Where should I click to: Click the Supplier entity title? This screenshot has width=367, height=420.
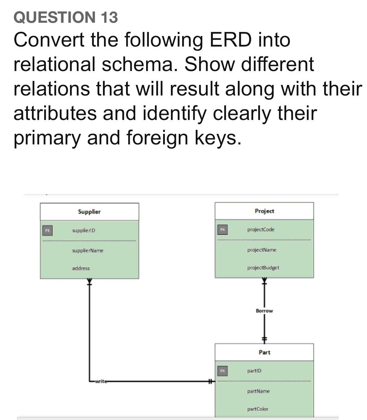coord(89,212)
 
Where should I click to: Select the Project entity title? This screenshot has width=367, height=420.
coord(264,211)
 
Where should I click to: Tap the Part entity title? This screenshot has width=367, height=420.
coord(264,352)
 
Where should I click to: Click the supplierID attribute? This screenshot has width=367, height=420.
coord(84,230)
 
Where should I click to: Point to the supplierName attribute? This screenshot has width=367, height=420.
coord(88,251)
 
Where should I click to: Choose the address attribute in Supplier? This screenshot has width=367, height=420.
coord(81,268)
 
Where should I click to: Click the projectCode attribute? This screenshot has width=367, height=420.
coord(261,230)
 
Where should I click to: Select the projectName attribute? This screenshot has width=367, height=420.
coord(262,250)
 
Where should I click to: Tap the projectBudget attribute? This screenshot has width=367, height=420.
coord(263,268)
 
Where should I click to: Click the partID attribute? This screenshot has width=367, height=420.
coord(255,371)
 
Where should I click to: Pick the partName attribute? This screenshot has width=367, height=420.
coord(259,391)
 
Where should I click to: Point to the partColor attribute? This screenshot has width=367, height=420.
coord(258,409)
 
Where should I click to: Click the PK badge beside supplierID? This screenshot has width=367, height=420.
coord(47,231)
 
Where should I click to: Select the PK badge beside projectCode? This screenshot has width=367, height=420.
coord(222,230)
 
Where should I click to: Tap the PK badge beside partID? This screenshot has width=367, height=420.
coord(222,371)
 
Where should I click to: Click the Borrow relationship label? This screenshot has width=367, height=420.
coord(264,311)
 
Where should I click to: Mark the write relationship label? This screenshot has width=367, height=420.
coord(101,381)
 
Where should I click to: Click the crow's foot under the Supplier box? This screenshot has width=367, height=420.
coord(89,281)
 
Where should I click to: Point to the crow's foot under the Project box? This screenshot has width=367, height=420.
coord(264,281)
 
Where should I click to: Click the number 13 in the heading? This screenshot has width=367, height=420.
coord(109,17)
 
